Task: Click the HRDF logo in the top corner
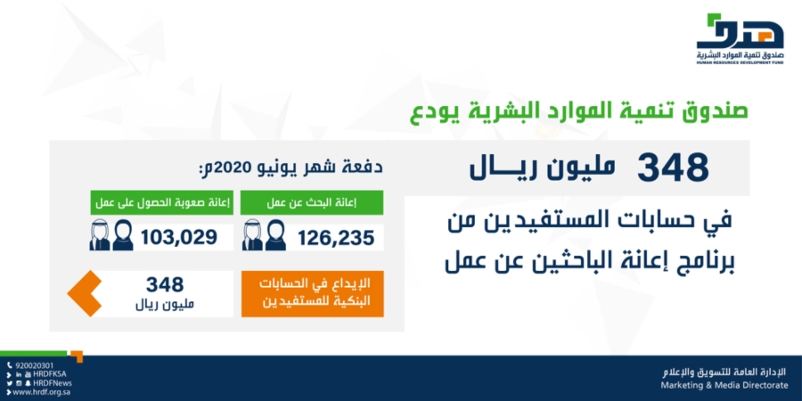741,39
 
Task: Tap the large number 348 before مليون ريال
673,168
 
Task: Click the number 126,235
336,238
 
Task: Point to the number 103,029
179,237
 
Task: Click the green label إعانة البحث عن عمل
312,202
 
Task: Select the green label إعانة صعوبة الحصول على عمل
162,202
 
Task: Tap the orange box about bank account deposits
313,293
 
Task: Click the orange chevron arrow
85,293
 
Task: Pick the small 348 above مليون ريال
165,284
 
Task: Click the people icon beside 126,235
264,235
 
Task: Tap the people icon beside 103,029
111,235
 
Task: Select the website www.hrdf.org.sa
41,392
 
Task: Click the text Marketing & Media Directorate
724,385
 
